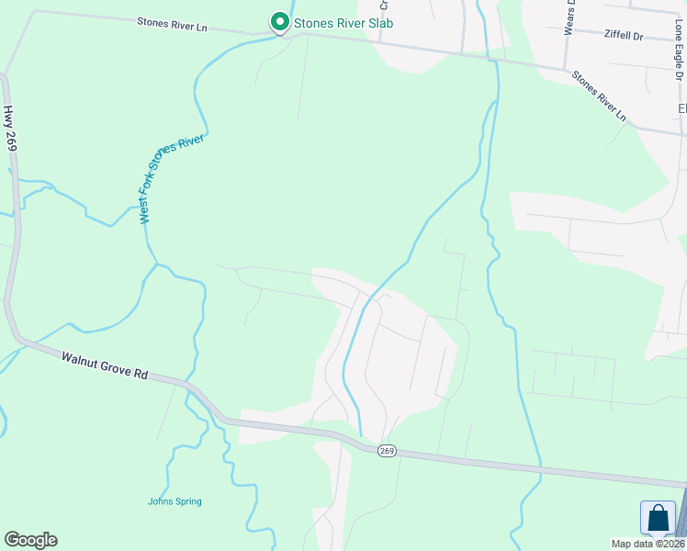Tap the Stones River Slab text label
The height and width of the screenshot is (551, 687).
(x=343, y=23)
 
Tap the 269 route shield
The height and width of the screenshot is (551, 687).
(x=387, y=451)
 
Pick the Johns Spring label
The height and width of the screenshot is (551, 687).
(x=175, y=501)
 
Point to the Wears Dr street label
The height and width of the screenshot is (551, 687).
(x=570, y=16)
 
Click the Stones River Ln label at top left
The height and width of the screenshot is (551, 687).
(x=172, y=25)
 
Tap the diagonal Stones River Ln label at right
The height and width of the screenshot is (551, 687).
(x=599, y=96)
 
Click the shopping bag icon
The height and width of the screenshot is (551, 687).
(x=658, y=518)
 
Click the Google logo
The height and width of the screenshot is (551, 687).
(x=30, y=540)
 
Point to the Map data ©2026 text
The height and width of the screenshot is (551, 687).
(x=648, y=544)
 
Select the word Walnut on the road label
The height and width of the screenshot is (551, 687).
(x=79, y=359)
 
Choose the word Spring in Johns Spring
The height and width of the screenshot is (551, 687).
(x=187, y=501)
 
